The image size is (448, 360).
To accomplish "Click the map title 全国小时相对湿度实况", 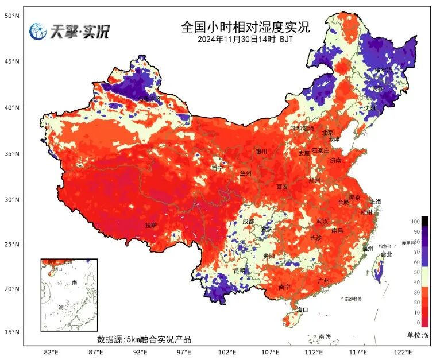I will [x=245, y=27].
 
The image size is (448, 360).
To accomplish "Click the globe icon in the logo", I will [x=38, y=31].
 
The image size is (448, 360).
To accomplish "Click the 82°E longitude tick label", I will [x=51, y=352].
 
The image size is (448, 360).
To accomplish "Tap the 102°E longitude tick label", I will [x=227, y=352].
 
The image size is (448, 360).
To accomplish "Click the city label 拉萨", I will [x=150, y=226].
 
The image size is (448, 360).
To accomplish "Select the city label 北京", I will [x=327, y=133].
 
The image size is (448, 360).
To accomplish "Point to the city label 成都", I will [x=248, y=221].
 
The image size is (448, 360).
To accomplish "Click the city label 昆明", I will [x=239, y=270].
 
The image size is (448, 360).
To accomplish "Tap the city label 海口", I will [x=302, y=310].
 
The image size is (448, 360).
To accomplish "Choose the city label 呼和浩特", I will [x=302, y=129].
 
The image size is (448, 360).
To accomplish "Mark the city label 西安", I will [x=281, y=187].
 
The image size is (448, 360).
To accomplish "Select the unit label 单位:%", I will [x=418, y=335].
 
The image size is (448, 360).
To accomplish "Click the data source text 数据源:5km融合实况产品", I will [x=144, y=339].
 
